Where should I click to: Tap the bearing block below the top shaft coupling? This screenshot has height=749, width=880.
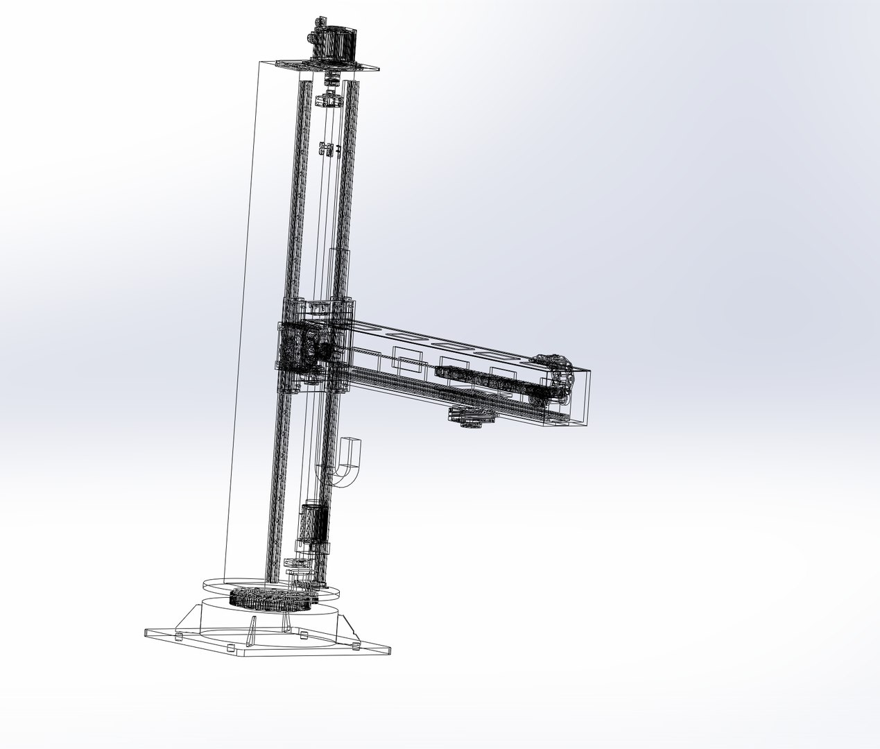(x=329, y=101)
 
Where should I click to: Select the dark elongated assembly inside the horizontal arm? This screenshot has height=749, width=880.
(x=478, y=379)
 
